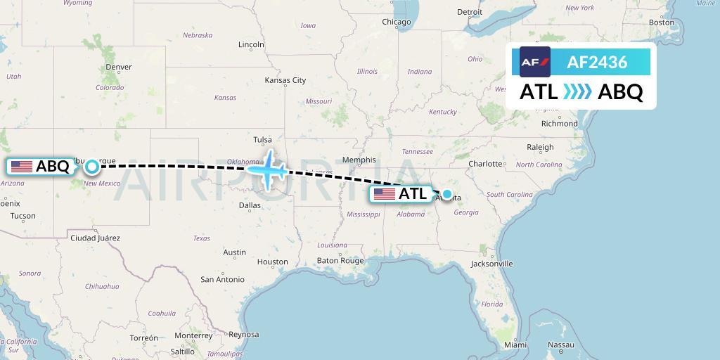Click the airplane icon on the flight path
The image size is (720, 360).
(x=267, y=169)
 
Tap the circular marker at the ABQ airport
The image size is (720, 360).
(x=92, y=167)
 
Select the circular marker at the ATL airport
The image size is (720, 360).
(x=446, y=193)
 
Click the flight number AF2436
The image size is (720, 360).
(x=597, y=63)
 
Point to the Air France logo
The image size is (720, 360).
(x=535, y=62)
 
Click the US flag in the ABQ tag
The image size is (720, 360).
(x=22, y=167)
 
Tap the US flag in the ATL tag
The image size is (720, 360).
(x=385, y=194)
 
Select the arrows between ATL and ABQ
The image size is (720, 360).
(x=578, y=92)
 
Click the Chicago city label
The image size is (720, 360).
(x=396, y=22)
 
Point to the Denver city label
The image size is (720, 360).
(x=118, y=67)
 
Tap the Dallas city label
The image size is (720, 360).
(x=250, y=205)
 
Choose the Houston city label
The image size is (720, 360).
(x=273, y=262)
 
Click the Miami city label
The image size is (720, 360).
(x=515, y=345)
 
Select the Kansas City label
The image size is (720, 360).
(x=285, y=80)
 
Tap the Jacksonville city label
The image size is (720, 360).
(x=492, y=264)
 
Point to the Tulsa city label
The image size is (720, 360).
(x=262, y=139)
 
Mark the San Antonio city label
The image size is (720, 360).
(x=222, y=279)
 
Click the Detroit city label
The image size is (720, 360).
(x=470, y=11)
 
